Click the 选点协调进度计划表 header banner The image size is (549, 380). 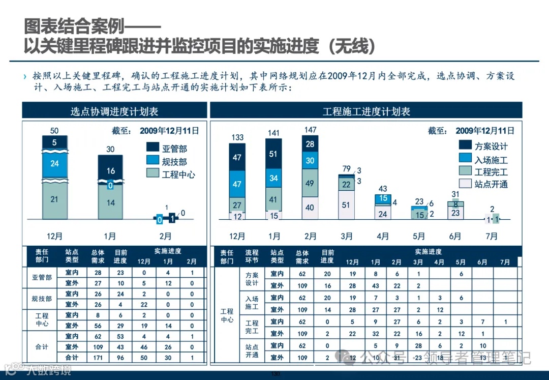(x=114, y=111)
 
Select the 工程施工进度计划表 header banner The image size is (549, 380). (x=366, y=111)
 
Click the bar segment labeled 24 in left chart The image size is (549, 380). (x=54, y=164)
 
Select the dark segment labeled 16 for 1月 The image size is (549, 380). (x=110, y=171)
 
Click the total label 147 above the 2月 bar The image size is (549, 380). (x=310, y=130)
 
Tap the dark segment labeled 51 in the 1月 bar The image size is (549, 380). (x=273, y=154)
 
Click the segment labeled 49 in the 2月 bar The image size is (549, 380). (x=310, y=183)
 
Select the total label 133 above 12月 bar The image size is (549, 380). (x=237, y=137)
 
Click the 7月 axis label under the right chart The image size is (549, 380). (x=492, y=237)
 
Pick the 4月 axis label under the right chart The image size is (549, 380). (x=383, y=237)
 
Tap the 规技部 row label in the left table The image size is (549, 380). (x=42, y=299)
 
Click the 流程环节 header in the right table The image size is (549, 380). (x=252, y=256)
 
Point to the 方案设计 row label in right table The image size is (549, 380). (x=252, y=279)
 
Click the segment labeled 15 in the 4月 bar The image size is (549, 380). (x=383, y=198)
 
